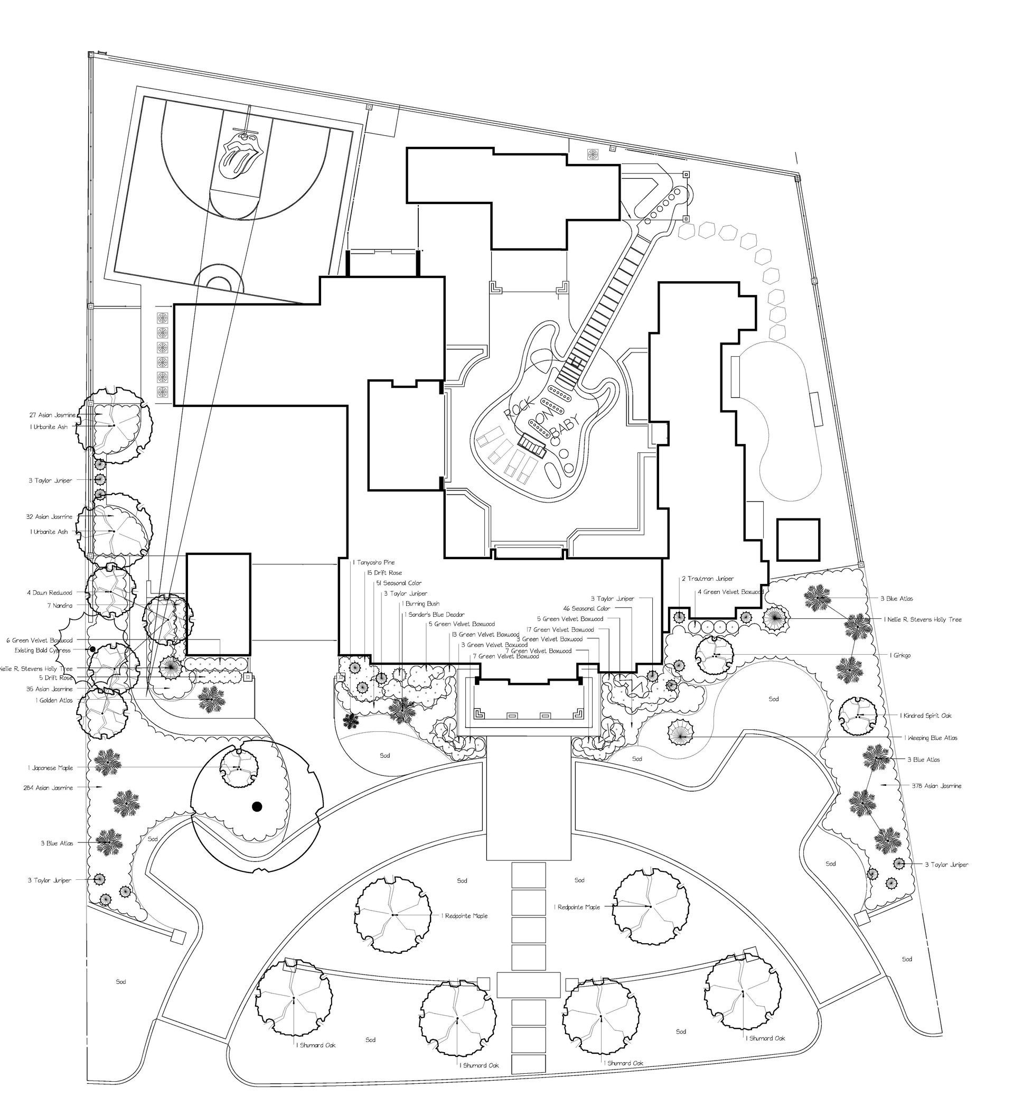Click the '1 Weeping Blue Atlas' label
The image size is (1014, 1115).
931,738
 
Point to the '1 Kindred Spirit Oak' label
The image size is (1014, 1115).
925,716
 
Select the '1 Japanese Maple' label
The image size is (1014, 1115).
50,768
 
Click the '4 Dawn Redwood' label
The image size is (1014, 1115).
50,593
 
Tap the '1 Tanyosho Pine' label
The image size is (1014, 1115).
374,562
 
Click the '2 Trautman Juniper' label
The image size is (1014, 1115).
707,579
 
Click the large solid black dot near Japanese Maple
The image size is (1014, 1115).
256,807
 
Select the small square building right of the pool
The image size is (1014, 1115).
798,540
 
